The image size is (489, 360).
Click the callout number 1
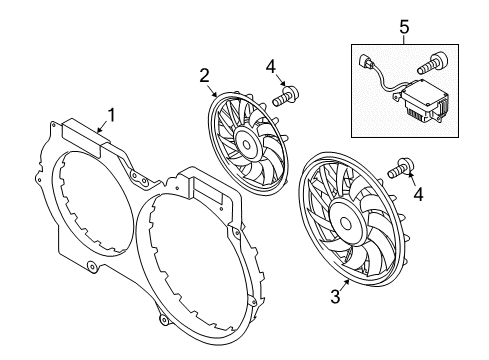[112, 115]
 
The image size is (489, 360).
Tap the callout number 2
[204, 75]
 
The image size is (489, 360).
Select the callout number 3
[335, 296]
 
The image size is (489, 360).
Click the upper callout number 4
[271, 66]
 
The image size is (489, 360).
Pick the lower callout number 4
[418, 194]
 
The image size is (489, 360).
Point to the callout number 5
[404, 27]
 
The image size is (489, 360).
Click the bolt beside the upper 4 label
[285, 96]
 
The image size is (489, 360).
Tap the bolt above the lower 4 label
[401, 168]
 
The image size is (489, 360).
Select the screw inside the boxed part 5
[431, 63]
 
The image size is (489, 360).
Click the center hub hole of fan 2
[246, 145]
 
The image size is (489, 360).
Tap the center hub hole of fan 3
[346, 224]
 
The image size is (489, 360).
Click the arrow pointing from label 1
[103, 127]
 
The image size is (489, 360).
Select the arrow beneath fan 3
[345, 284]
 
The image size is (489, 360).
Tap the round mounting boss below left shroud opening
[91, 267]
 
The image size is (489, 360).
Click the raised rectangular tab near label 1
[82, 138]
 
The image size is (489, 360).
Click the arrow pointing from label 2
[212, 91]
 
